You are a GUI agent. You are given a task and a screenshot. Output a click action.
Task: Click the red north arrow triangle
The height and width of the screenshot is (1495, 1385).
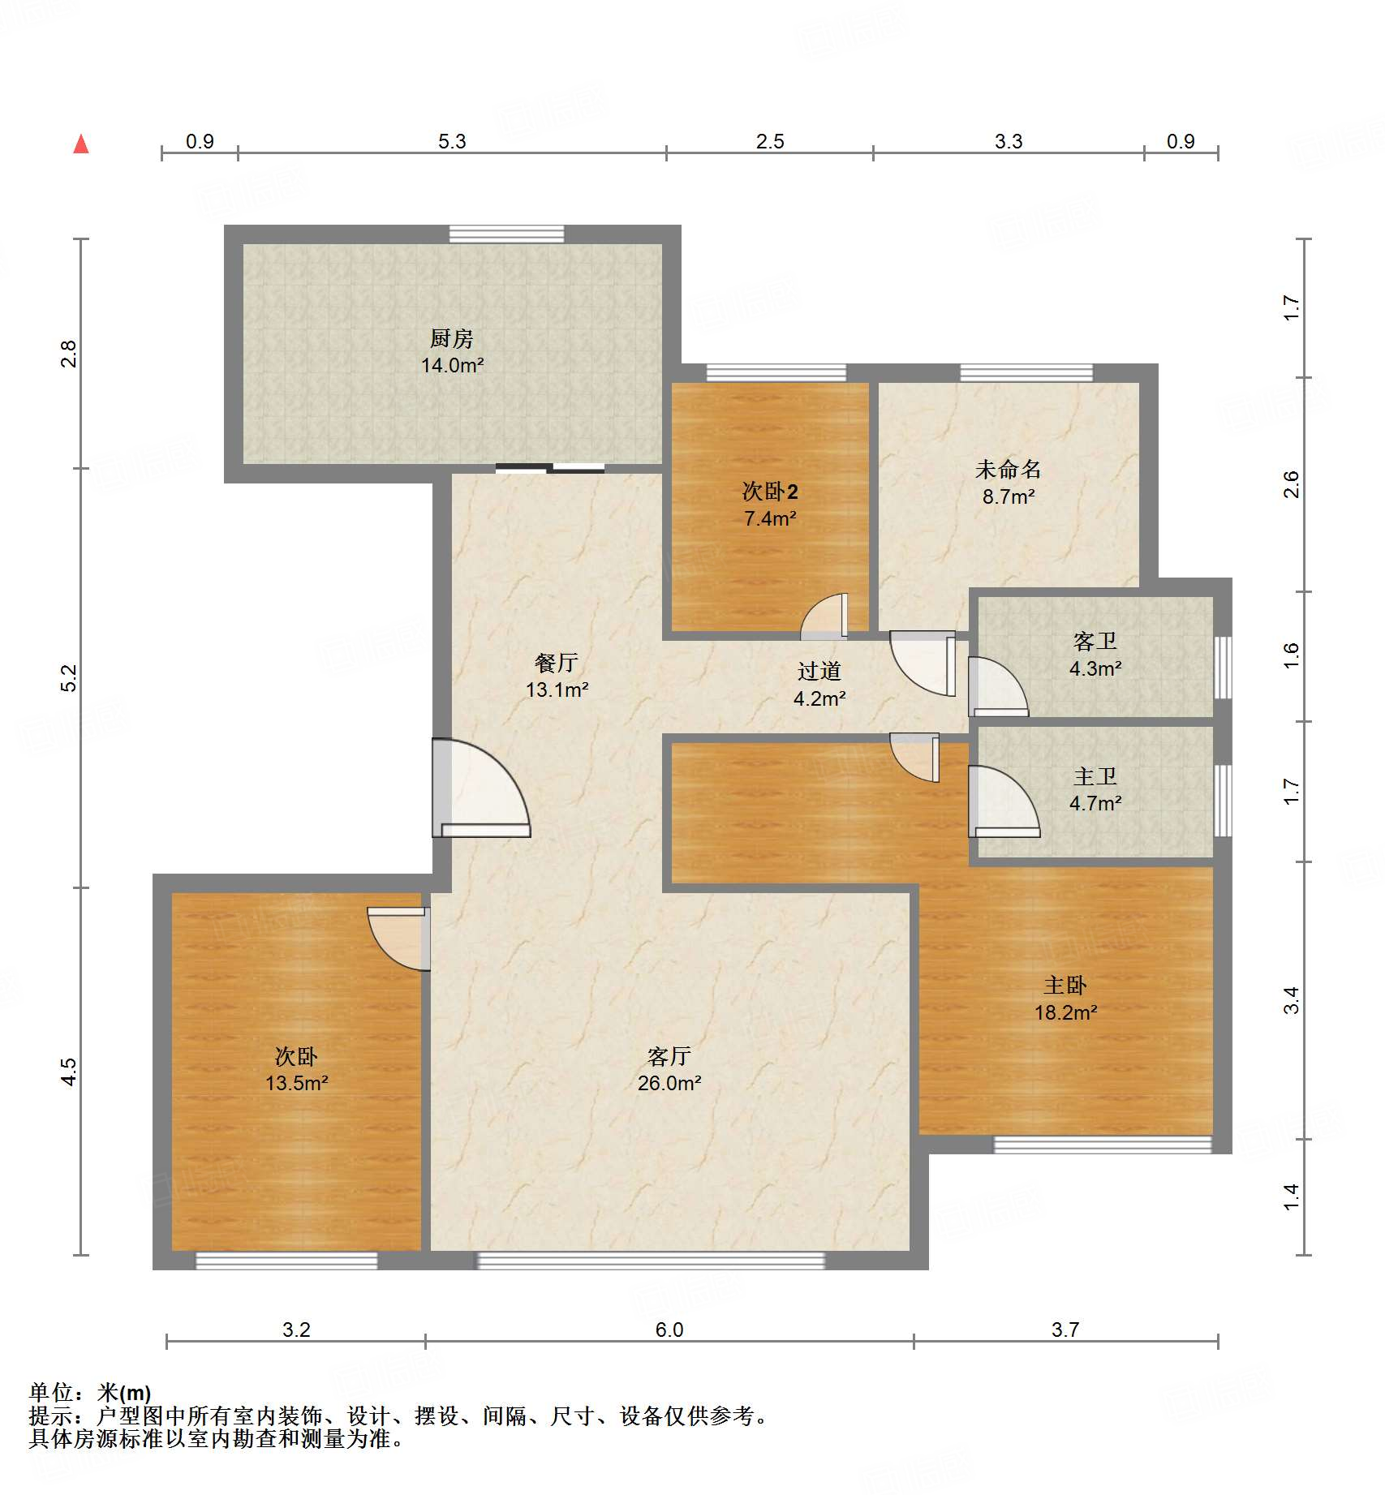coord(81,144)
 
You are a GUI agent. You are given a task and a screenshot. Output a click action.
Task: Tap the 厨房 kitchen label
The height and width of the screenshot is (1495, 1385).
coord(452,338)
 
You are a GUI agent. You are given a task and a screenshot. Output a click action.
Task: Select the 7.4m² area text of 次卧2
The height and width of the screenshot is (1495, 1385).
coord(770,518)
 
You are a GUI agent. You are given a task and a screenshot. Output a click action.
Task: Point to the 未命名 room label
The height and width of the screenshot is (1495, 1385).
coord(1008,469)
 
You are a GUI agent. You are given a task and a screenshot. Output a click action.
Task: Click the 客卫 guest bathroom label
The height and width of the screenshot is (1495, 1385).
coord(1095,642)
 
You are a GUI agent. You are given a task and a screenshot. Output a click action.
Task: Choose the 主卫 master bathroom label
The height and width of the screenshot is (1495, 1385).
coord(1095,776)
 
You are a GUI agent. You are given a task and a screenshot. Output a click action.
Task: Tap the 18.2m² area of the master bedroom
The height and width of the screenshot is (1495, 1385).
coord(1065,1012)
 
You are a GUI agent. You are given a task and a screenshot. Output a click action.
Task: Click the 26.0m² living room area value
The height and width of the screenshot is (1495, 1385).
coord(669,1083)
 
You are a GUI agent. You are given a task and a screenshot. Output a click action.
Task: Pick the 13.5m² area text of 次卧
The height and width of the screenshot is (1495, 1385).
coord(297,1083)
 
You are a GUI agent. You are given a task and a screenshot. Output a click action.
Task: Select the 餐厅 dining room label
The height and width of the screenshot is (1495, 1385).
coord(557,663)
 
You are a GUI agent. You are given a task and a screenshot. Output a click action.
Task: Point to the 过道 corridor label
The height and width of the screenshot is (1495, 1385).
coord(819,671)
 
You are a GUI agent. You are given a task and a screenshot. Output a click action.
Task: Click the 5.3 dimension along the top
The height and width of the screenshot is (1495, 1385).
coord(452,141)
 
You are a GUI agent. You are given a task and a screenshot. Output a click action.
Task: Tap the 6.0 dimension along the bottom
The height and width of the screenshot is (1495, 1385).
coord(669,1330)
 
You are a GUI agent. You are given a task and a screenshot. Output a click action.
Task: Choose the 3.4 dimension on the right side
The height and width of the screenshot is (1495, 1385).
coord(1291,1000)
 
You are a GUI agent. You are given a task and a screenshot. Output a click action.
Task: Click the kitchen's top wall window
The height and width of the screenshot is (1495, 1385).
coord(506,234)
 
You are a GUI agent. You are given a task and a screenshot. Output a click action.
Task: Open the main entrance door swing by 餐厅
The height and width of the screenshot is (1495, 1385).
coord(481,788)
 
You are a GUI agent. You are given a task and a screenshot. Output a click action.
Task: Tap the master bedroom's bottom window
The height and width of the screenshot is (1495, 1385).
coord(1103,1145)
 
